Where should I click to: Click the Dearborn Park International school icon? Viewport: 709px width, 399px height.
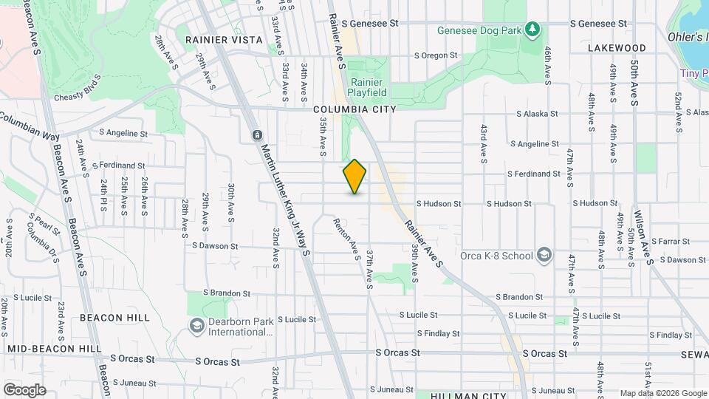point(196,326)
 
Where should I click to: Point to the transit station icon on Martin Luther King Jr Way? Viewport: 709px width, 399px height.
point(257,136)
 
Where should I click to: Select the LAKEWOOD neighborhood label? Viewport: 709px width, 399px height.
point(617,48)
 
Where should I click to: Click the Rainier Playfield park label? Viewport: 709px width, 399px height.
point(367,88)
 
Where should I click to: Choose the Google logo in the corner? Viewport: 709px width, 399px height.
point(24,389)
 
